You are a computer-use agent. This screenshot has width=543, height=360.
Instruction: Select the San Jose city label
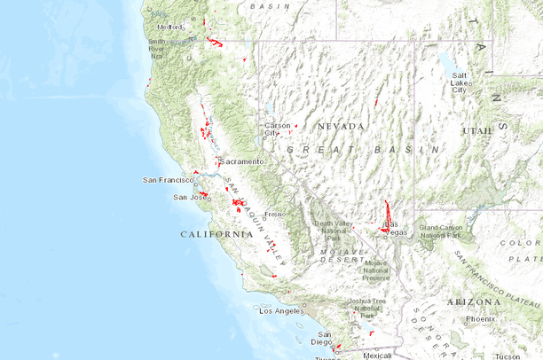187,197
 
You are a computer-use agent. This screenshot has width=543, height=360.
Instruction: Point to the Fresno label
273,215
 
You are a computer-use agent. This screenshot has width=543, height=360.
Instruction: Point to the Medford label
170,27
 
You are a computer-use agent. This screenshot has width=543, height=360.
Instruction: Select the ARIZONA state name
473,301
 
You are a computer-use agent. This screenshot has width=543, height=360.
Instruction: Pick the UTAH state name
476,130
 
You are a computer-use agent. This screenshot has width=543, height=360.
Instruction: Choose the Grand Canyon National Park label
441,231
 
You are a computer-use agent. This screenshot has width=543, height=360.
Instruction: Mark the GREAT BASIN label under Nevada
364,151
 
